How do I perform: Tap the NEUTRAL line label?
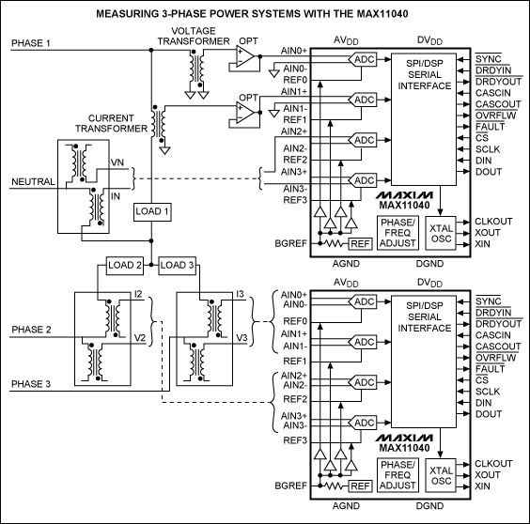(x=31, y=181)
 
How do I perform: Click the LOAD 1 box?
(x=152, y=211)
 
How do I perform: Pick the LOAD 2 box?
(x=125, y=265)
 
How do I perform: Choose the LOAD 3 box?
(x=177, y=265)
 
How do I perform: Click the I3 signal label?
(x=241, y=295)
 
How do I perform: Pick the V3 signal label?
(x=241, y=338)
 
